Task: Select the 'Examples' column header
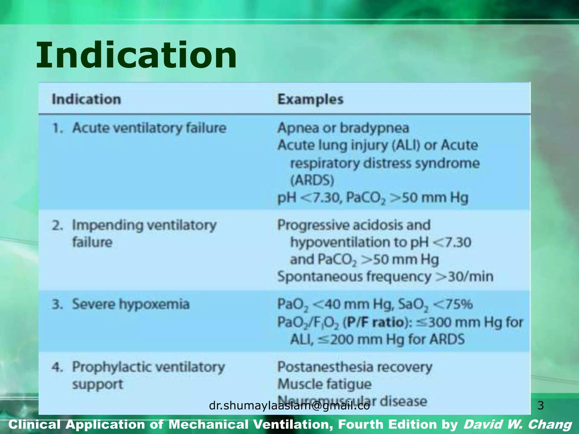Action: tap(310, 99)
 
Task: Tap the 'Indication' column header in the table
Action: tap(86, 99)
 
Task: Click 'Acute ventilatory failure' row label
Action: tap(149, 128)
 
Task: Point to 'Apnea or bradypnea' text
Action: tap(343, 128)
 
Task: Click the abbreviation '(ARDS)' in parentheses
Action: tap(312, 180)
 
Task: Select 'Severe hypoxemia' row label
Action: tap(131, 304)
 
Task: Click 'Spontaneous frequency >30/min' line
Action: tap(385, 276)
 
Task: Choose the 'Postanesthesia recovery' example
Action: tap(355, 367)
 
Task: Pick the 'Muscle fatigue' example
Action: tap(324, 384)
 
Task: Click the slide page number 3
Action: tap(540, 405)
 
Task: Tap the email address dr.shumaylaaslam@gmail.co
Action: tap(289, 406)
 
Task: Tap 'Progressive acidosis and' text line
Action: tap(354, 225)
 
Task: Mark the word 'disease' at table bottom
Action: tap(403, 401)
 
